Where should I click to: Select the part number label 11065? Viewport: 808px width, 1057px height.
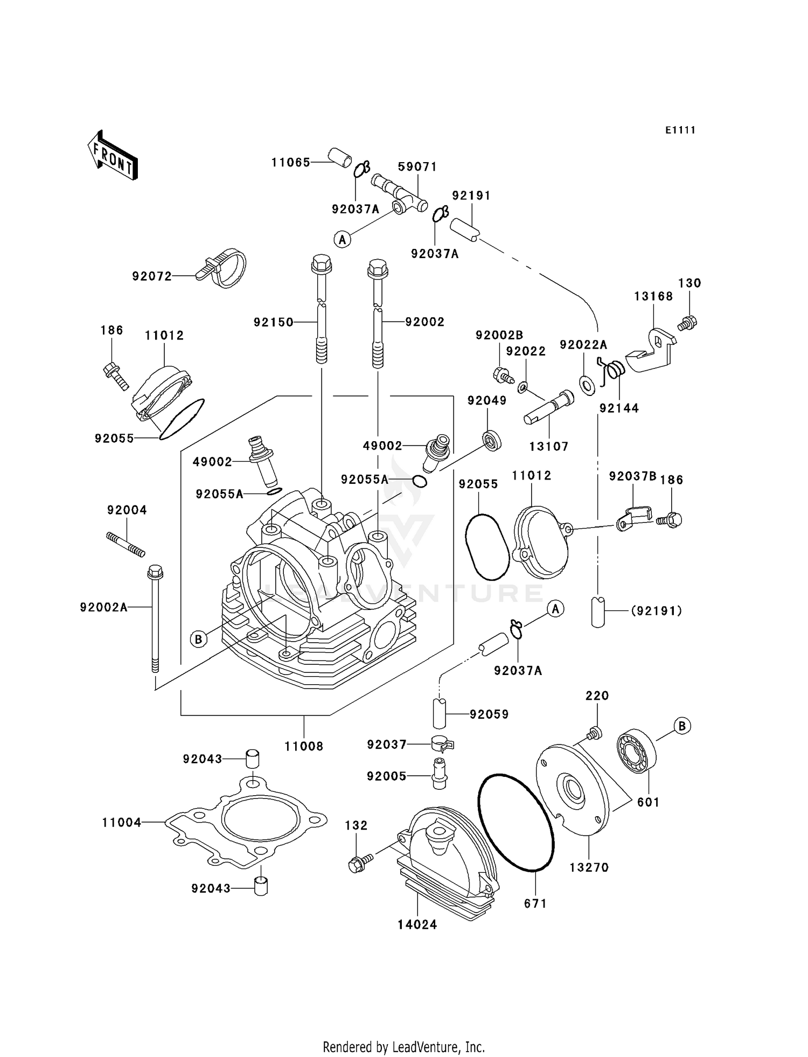click(290, 162)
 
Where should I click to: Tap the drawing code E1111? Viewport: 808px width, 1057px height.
click(680, 130)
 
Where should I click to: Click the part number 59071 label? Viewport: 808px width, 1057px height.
click(417, 167)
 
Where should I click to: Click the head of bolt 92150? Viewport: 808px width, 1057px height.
click(322, 265)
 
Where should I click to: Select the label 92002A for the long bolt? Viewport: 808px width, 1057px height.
click(104, 607)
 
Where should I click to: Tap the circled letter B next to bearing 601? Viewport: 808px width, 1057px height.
click(682, 726)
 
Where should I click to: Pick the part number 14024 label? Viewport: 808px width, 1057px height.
click(417, 924)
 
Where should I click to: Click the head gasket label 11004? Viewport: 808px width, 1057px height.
click(122, 823)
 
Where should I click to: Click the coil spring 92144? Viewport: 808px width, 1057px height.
click(613, 371)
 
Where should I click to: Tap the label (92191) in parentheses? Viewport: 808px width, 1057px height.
click(656, 611)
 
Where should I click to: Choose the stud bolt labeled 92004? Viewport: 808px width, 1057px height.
click(126, 545)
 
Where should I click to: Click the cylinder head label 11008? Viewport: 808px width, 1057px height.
click(304, 746)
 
